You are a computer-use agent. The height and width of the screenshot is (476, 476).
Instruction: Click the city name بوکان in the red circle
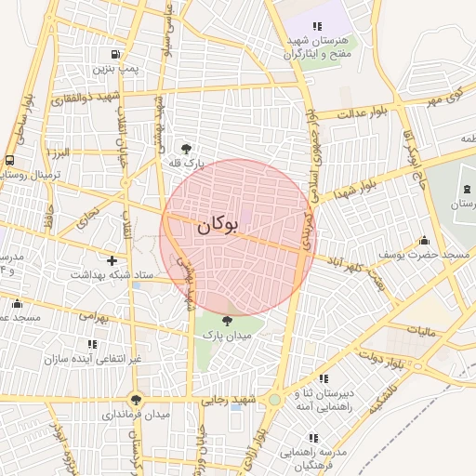pyautogui.click(x=218, y=225)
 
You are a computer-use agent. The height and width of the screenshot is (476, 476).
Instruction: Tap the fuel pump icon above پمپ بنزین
pyautogui.click(x=115, y=54)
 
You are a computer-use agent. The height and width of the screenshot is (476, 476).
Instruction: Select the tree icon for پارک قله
pyautogui.click(x=187, y=148)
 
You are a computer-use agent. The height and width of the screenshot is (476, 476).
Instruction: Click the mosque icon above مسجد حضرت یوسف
pyautogui.click(x=425, y=240)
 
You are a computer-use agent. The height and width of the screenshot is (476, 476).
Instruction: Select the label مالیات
pyautogui.click(x=422, y=329)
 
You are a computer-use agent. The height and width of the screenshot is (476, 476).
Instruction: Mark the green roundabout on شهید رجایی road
pyautogui.click(x=275, y=401)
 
